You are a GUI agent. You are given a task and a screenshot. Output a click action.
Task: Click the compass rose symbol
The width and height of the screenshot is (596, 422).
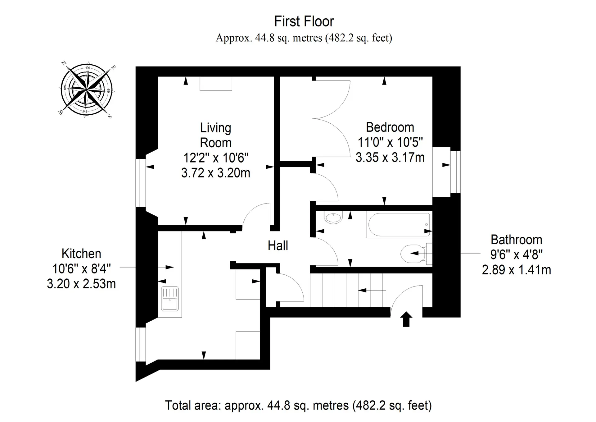coord(86,89)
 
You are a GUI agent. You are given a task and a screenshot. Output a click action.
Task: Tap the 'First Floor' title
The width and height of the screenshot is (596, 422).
coord(304,21)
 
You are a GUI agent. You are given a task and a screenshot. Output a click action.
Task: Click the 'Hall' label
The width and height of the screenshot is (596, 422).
coord(278,245)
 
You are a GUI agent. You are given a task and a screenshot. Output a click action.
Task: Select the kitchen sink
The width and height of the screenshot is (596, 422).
coord(170,299)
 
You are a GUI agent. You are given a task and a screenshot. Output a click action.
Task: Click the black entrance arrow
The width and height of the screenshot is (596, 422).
coord(406,319)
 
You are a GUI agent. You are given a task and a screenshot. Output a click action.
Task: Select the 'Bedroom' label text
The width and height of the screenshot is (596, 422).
coord(390,127)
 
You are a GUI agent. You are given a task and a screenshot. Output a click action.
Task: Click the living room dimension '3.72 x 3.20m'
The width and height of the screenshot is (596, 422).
coord(216,173)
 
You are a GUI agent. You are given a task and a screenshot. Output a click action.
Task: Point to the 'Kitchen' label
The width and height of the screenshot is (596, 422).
coord(81,254)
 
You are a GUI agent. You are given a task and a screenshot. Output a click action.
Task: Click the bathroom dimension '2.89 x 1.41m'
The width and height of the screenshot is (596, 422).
coord(516,270)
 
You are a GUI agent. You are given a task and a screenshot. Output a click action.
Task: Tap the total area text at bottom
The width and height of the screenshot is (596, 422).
coord(298,405)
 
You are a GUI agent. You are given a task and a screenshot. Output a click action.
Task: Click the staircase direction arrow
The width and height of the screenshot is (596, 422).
coord(372,290)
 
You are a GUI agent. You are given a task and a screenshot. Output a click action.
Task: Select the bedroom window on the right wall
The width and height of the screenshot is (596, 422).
coord(455,172)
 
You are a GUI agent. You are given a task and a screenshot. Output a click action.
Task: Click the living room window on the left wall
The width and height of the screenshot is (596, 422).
coord(141,183)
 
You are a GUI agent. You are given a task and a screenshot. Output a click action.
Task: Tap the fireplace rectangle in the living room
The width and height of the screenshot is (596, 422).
coord(216,84)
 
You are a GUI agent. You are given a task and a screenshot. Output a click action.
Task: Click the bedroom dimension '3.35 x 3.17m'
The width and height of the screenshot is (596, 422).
coord(390,158)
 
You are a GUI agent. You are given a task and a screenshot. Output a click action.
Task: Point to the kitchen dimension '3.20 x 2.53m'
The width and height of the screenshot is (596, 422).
coord(81,284)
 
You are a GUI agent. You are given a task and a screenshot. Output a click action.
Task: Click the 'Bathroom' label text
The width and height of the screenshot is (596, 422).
coord(516,240)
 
